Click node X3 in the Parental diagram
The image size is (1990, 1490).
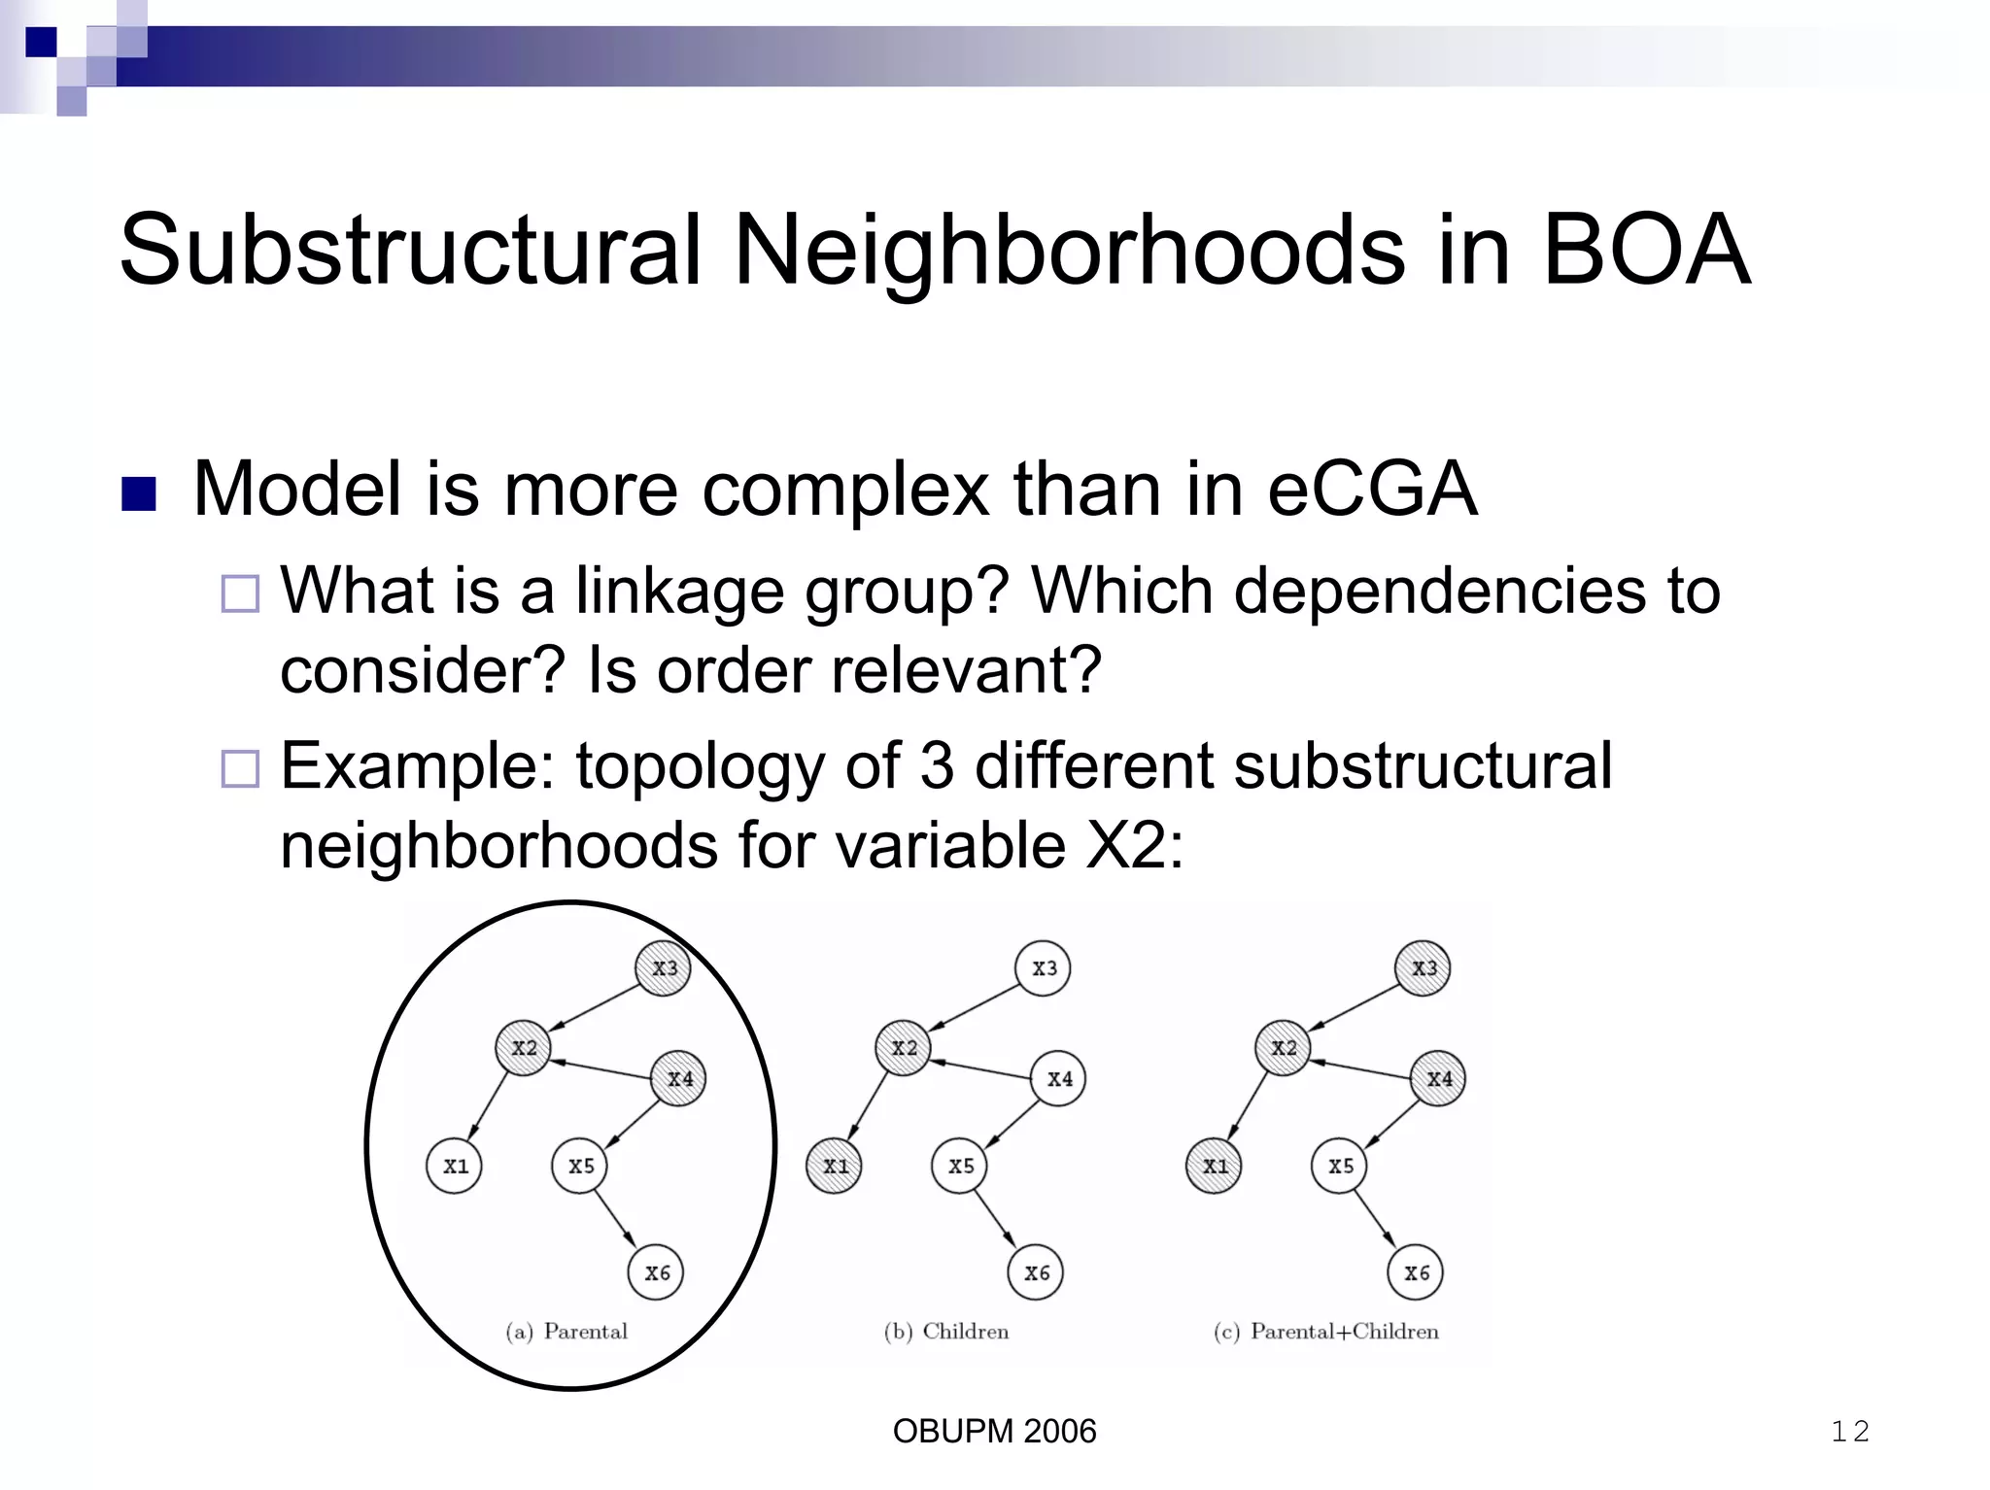[664, 967]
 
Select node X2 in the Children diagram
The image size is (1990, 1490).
[904, 1047]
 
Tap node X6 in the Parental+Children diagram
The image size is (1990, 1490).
[1416, 1272]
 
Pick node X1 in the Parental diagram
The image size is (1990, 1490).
[455, 1166]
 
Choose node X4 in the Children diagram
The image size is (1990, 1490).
[1059, 1078]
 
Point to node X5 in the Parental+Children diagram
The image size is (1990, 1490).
[1340, 1166]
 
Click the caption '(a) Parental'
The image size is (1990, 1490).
[566, 1331]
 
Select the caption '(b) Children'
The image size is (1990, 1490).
[946, 1331]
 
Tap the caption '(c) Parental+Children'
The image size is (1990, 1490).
[1326, 1331]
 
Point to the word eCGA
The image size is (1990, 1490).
[1372, 489]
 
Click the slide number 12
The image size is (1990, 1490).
[1850, 1431]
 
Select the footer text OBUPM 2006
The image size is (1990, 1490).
[994, 1431]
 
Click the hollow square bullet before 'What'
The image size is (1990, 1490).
[240, 593]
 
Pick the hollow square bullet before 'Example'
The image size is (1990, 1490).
[240, 768]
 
